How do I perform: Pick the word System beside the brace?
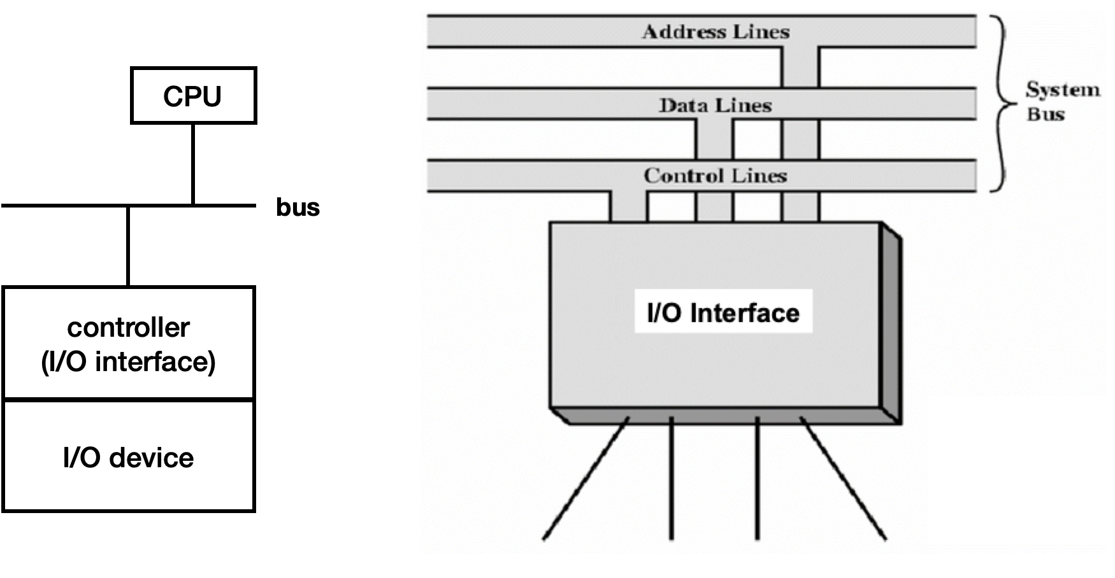click(1063, 90)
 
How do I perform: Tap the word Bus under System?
click(1046, 115)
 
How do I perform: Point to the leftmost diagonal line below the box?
click(586, 479)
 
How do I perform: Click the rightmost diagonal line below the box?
click(843, 479)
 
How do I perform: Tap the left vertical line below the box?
click(671, 479)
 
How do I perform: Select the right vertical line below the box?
click(757, 479)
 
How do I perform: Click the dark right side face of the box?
click(891, 325)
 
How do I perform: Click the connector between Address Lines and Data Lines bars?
click(800, 67)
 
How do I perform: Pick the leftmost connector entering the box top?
click(628, 207)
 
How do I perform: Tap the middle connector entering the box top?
click(714, 207)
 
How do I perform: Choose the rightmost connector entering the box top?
click(800, 207)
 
